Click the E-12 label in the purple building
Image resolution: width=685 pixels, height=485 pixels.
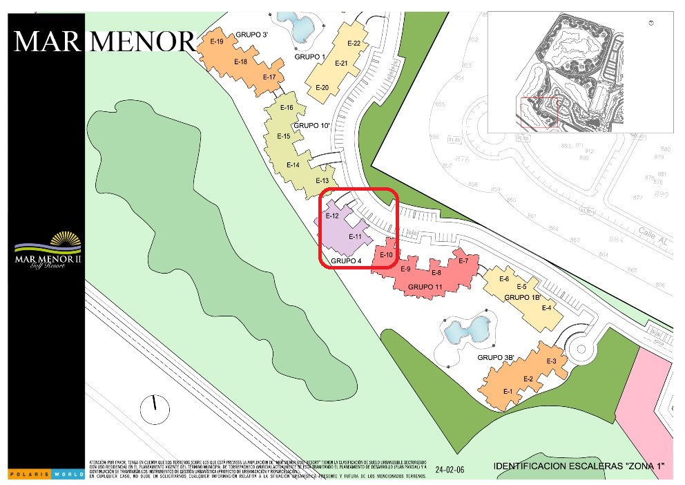tap(331, 216)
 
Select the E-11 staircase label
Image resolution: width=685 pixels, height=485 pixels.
tap(356, 237)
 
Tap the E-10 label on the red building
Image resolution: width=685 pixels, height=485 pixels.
tap(386, 255)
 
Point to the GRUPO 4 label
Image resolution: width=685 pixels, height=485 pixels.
tap(346, 261)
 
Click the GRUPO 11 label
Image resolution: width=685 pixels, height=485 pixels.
tap(425, 286)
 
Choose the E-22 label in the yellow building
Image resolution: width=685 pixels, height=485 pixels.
tap(354, 44)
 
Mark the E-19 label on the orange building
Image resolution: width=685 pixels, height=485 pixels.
tap(216, 41)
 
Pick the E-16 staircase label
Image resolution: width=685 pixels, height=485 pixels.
tap(287, 108)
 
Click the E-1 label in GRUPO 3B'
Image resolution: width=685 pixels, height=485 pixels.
tap(508, 392)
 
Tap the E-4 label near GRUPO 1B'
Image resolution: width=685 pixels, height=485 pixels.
tap(547, 307)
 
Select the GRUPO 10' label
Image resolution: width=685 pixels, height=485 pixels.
tap(312, 126)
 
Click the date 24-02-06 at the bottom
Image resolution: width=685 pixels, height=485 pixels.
tap(451, 470)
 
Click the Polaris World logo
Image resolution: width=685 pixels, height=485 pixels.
tap(46, 473)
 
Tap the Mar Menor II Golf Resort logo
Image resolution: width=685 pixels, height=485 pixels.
tap(48, 252)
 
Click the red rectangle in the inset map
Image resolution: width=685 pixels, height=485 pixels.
tap(537, 113)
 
